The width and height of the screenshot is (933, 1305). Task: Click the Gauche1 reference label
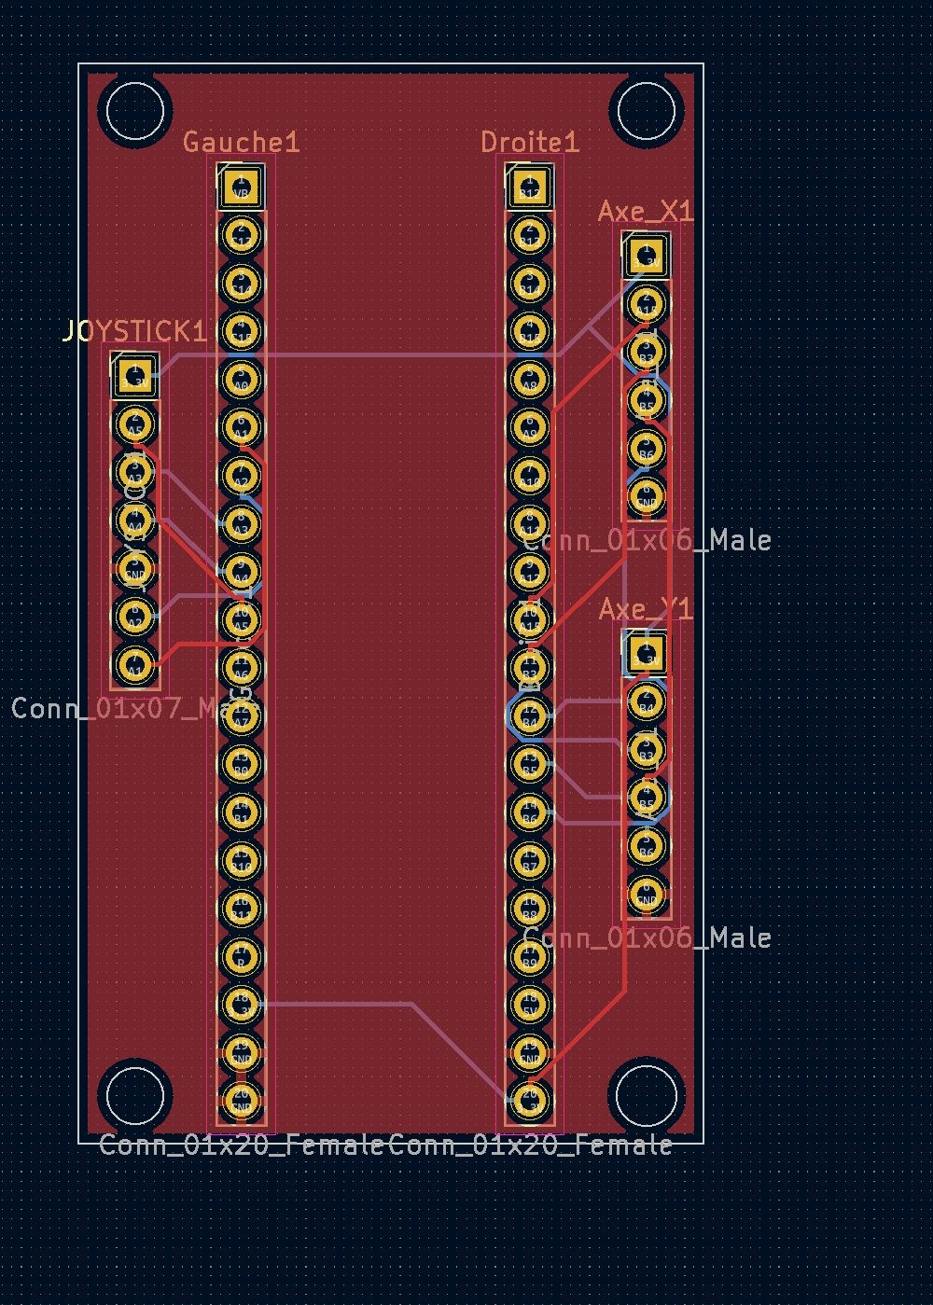click(x=241, y=142)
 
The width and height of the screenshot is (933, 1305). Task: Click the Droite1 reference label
click(x=529, y=142)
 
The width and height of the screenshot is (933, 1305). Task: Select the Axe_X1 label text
click(x=646, y=212)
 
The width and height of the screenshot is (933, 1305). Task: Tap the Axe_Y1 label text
click(x=646, y=609)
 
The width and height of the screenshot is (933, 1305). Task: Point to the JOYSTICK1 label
click(x=134, y=331)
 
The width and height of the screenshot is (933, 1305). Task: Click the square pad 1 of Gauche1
click(x=241, y=186)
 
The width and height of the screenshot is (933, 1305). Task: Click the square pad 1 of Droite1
click(x=529, y=186)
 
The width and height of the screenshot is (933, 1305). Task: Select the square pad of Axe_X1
click(x=646, y=255)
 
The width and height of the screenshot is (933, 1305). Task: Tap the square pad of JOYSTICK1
click(x=135, y=376)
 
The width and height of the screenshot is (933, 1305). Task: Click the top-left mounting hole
click(x=135, y=110)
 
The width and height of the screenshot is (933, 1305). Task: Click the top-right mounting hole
click(x=646, y=110)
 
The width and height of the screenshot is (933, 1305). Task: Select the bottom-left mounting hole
click(x=135, y=1095)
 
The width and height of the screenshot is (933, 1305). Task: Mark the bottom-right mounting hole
click(x=646, y=1095)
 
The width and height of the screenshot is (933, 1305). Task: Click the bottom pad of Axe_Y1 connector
click(x=646, y=894)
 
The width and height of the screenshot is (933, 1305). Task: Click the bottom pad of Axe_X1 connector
click(x=646, y=495)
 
